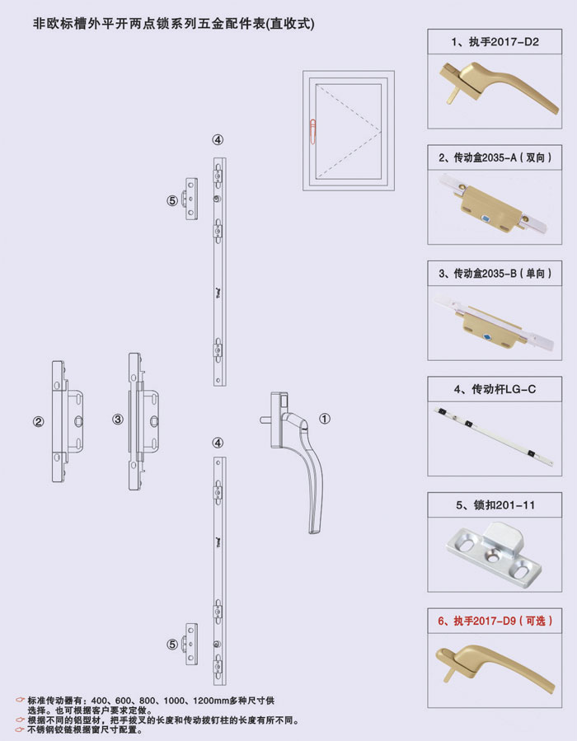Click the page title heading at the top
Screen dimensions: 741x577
pos(173,24)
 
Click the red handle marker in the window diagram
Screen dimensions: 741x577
pos(313,129)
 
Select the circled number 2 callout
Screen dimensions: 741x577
pos(38,422)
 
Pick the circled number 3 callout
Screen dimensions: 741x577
pos(118,419)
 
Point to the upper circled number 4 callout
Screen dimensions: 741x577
pos(218,140)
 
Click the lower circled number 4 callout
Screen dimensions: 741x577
pos(218,443)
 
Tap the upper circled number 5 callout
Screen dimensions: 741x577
pos(172,199)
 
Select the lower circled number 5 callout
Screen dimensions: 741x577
pos(172,644)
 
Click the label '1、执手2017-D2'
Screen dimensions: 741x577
pos(495,40)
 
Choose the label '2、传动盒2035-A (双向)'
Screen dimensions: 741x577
pos(495,156)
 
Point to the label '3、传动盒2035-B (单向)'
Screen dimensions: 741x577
pos(495,272)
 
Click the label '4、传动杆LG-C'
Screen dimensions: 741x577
pos(495,388)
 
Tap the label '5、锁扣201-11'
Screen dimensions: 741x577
pos(495,504)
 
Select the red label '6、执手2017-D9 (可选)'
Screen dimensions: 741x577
pos(495,620)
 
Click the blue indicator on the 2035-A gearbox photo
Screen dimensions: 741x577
pos(486,219)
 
